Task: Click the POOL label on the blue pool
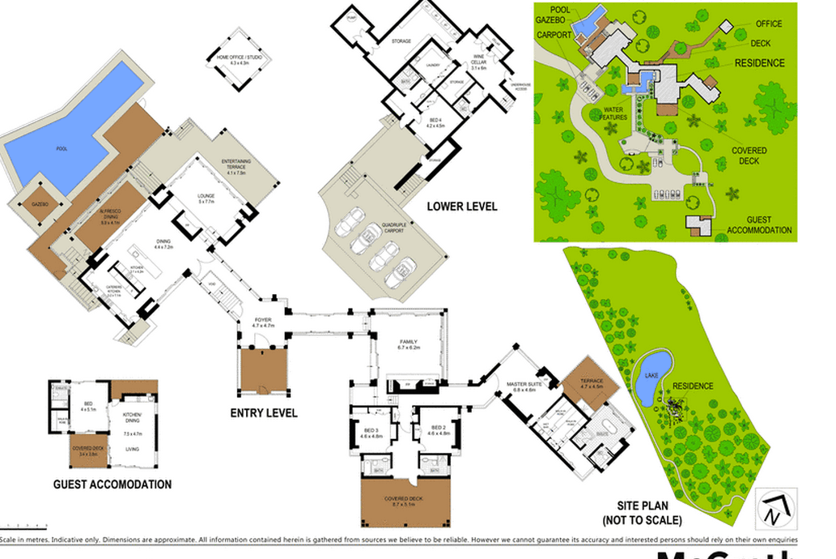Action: [x=62, y=149]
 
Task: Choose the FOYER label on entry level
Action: [x=263, y=322]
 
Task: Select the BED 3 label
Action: [x=371, y=430]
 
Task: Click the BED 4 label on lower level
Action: [x=436, y=122]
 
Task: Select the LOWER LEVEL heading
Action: [x=462, y=207]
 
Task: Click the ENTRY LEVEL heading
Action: [x=264, y=413]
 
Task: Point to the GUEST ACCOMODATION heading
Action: [x=112, y=484]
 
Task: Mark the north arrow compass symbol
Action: [x=775, y=509]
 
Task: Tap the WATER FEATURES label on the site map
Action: [x=614, y=113]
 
